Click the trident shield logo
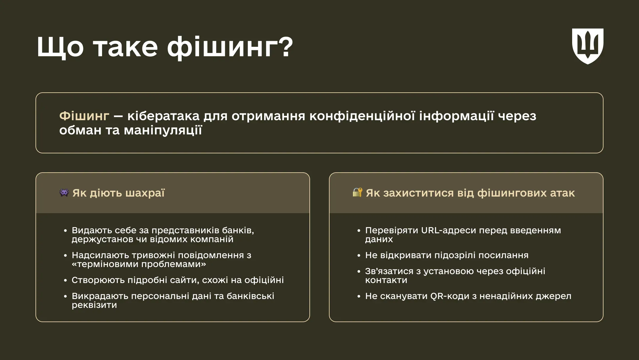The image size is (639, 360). click(x=588, y=46)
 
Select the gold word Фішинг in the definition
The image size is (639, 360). click(x=84, y=116)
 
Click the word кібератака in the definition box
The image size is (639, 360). click(x=163, y=116)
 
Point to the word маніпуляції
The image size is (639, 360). click(x=163, y=130)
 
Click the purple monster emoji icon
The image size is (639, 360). click(x=64, y=193)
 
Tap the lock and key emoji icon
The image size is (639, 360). click(x=357, y=192)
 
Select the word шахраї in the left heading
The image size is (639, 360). click(x=145, y=193)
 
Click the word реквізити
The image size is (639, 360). click(x=94, y=305)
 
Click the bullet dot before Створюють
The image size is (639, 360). click(x=65, y=280)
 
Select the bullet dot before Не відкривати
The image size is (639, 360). click(x=359, y=255)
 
